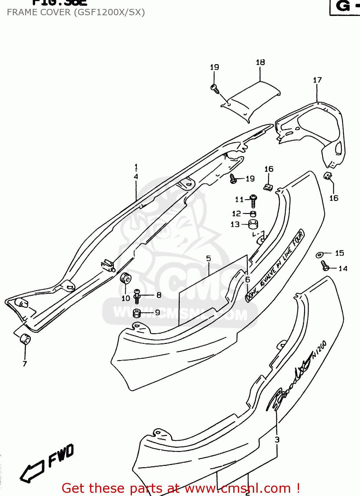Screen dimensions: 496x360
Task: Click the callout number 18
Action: click(260, 62)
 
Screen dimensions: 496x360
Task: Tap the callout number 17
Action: click(317, 80)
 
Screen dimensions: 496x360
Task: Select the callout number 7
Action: click(25, 364)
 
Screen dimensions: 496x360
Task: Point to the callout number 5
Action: click(208, 258)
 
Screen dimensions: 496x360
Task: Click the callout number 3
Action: click(277, 439)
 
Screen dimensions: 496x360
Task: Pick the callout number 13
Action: click(235, 225)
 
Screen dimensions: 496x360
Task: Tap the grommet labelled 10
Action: click(126, 278)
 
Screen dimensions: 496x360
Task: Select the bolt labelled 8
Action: click(137, 296)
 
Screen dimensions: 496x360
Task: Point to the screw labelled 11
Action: click(253, 200)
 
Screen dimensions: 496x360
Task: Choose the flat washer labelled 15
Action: click(320, 255)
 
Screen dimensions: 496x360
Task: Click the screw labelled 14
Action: click(325, 266)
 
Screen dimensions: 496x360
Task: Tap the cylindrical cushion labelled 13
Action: click(253, 225)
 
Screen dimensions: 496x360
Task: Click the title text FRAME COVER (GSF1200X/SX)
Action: click(76, 13)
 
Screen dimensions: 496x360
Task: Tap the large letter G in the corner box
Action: click(343, 6)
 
